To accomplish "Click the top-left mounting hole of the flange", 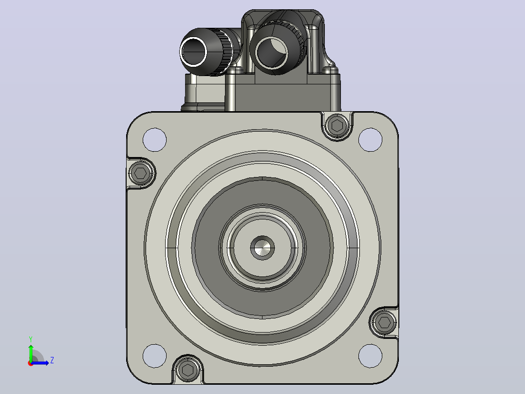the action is (154, 139).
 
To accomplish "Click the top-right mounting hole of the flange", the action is (370, 139).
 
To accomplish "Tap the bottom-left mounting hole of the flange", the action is (154, 356).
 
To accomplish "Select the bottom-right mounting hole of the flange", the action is (370, 356).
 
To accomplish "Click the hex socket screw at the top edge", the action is (337, 126).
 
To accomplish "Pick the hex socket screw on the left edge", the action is (141, 173).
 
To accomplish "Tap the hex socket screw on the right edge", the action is (384, 322).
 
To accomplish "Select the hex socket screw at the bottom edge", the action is (187, 370).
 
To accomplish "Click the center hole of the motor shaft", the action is (262, 248).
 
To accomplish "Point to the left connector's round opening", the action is (194, 52).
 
